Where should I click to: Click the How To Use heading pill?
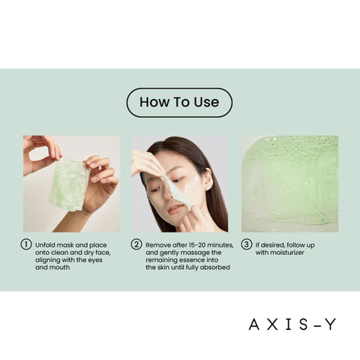(x=179, y=103)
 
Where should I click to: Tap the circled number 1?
(x=26, y=244)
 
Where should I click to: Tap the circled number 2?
(x=136, y=244)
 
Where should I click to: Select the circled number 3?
(x=246, y=244)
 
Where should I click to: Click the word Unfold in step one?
(x=46, y=244)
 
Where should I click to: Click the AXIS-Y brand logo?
(x=292, y=325)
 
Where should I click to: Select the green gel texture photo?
(x=289, y=184)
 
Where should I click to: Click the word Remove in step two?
(x=160, y=244)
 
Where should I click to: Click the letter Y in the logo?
(x=330, y=325)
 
